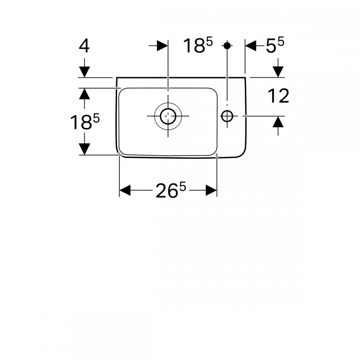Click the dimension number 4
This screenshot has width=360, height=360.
point(84,46)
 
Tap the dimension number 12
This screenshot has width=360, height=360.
point(278,96)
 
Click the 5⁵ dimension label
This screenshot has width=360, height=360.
point(275,45)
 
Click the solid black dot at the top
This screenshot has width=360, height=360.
point(227,45)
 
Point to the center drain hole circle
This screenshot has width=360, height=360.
point(168,116)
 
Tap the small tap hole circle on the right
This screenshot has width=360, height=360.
point(227,116)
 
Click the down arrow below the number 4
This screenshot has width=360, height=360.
point(84,68)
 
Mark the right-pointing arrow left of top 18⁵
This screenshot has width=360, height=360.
point(158,46)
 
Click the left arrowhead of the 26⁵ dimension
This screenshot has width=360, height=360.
point(125,190)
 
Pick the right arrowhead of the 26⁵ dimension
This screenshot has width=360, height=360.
point(211,190)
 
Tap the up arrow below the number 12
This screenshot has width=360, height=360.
point(278,126)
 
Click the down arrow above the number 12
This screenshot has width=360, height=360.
point(278,68)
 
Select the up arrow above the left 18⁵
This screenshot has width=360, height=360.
point(84,98)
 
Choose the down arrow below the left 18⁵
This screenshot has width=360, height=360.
point(84,144)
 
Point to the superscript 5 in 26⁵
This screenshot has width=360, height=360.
point(183,187)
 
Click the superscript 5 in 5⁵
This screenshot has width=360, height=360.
point(281,42)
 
